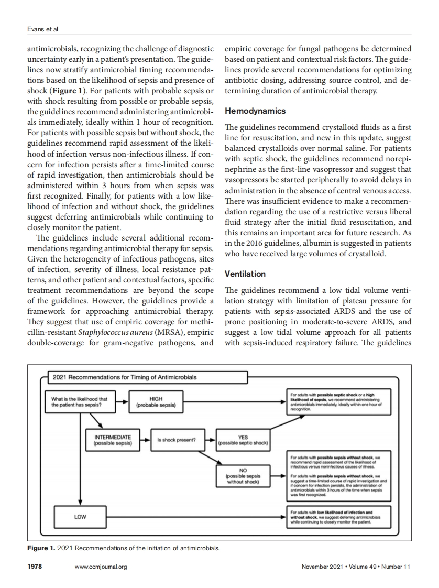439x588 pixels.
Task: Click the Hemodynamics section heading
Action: [255, 111]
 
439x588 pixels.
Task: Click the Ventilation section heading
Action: [245, 274]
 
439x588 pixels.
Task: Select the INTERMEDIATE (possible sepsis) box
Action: [113, 439]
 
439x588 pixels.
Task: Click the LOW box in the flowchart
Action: [80, 516]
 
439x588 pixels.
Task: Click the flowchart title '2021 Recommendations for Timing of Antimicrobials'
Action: [124, 377]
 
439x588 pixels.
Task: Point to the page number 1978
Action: [34, 567]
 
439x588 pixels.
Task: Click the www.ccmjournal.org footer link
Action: [101, 567]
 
